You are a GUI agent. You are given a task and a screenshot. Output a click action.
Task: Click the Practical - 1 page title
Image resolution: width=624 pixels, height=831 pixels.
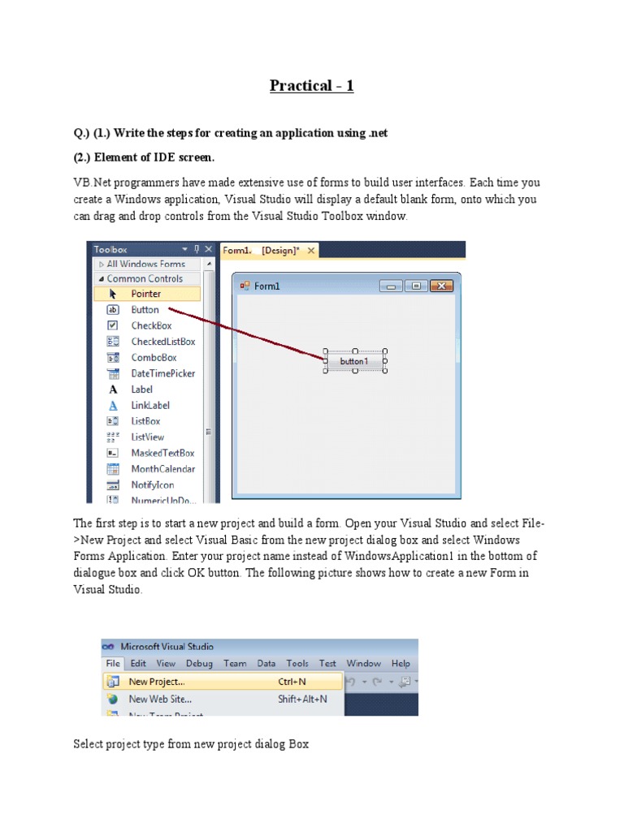pos(312,85)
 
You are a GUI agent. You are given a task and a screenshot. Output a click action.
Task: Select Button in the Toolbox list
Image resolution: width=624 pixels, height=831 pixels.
pos(145,310)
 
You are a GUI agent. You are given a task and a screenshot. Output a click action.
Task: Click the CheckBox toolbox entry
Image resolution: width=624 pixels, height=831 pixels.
pos(151,325)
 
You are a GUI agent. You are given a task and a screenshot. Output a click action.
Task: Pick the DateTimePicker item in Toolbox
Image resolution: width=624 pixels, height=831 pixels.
pos(162,373)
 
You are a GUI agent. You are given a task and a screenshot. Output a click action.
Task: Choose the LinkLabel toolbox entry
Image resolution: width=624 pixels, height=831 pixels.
pos(150,405)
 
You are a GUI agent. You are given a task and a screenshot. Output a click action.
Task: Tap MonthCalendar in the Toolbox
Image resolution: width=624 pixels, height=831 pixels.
pos(162,469)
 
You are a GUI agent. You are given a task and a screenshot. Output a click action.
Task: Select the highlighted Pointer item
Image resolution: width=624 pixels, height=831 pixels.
pos(146,294)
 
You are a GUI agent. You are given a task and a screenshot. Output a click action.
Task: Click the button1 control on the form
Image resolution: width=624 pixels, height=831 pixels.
pos(354,361)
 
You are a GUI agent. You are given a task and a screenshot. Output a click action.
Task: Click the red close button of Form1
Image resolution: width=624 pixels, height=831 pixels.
pos(440,286)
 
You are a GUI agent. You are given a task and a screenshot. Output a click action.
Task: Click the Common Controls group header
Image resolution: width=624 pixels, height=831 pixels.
pos(145,278)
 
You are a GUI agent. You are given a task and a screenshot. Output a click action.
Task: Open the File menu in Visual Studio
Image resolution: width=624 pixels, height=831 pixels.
pos(112,663)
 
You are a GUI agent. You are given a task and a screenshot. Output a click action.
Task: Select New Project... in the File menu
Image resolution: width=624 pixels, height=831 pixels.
pos(156,682)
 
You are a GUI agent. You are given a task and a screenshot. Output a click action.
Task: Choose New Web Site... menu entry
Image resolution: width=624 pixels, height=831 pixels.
pos(160,699)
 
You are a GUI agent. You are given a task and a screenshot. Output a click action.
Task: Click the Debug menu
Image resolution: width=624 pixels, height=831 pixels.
pos(199,663)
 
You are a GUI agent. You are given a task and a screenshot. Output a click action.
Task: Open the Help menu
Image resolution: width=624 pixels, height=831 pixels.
pos(401,663)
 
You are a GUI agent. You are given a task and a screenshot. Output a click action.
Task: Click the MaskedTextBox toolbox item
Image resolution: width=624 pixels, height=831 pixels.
pos(162,453)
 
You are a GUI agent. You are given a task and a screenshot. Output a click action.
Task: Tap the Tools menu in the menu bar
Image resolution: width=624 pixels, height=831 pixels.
pos(297,663)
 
